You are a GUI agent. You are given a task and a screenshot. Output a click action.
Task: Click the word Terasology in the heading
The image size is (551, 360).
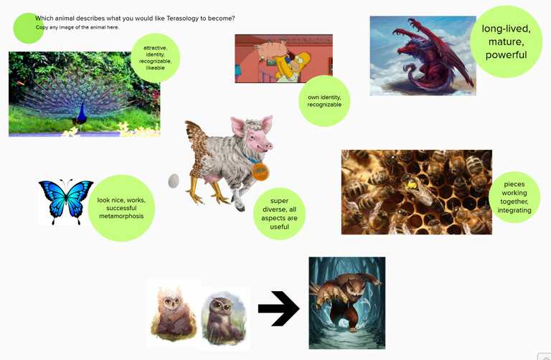182,18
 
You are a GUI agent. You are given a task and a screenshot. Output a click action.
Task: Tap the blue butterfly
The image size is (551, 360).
66,202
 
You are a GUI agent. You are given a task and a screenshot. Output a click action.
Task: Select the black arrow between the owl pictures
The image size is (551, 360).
278,308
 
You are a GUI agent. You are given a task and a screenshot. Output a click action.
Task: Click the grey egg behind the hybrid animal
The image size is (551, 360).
174,181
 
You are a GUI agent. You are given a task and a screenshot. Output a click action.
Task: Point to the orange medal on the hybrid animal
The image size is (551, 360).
260,171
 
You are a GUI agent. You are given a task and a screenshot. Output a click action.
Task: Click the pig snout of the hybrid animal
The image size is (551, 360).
268,146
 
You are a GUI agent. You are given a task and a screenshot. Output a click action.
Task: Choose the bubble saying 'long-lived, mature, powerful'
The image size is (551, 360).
506,42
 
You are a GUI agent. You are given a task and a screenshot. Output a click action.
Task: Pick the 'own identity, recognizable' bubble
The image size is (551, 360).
324,101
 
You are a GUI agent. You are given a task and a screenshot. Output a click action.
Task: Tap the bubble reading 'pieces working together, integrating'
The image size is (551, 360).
514,197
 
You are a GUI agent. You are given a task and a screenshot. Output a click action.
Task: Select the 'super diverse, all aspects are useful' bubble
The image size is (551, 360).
279,214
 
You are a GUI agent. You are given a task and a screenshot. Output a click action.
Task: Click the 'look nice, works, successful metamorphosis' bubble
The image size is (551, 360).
121,208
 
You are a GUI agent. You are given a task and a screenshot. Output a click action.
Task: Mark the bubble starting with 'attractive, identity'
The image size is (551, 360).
155,58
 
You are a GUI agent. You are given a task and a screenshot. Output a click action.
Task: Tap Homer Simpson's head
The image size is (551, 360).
301,60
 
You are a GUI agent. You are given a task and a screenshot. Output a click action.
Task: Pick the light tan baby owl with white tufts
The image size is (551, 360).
173,313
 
